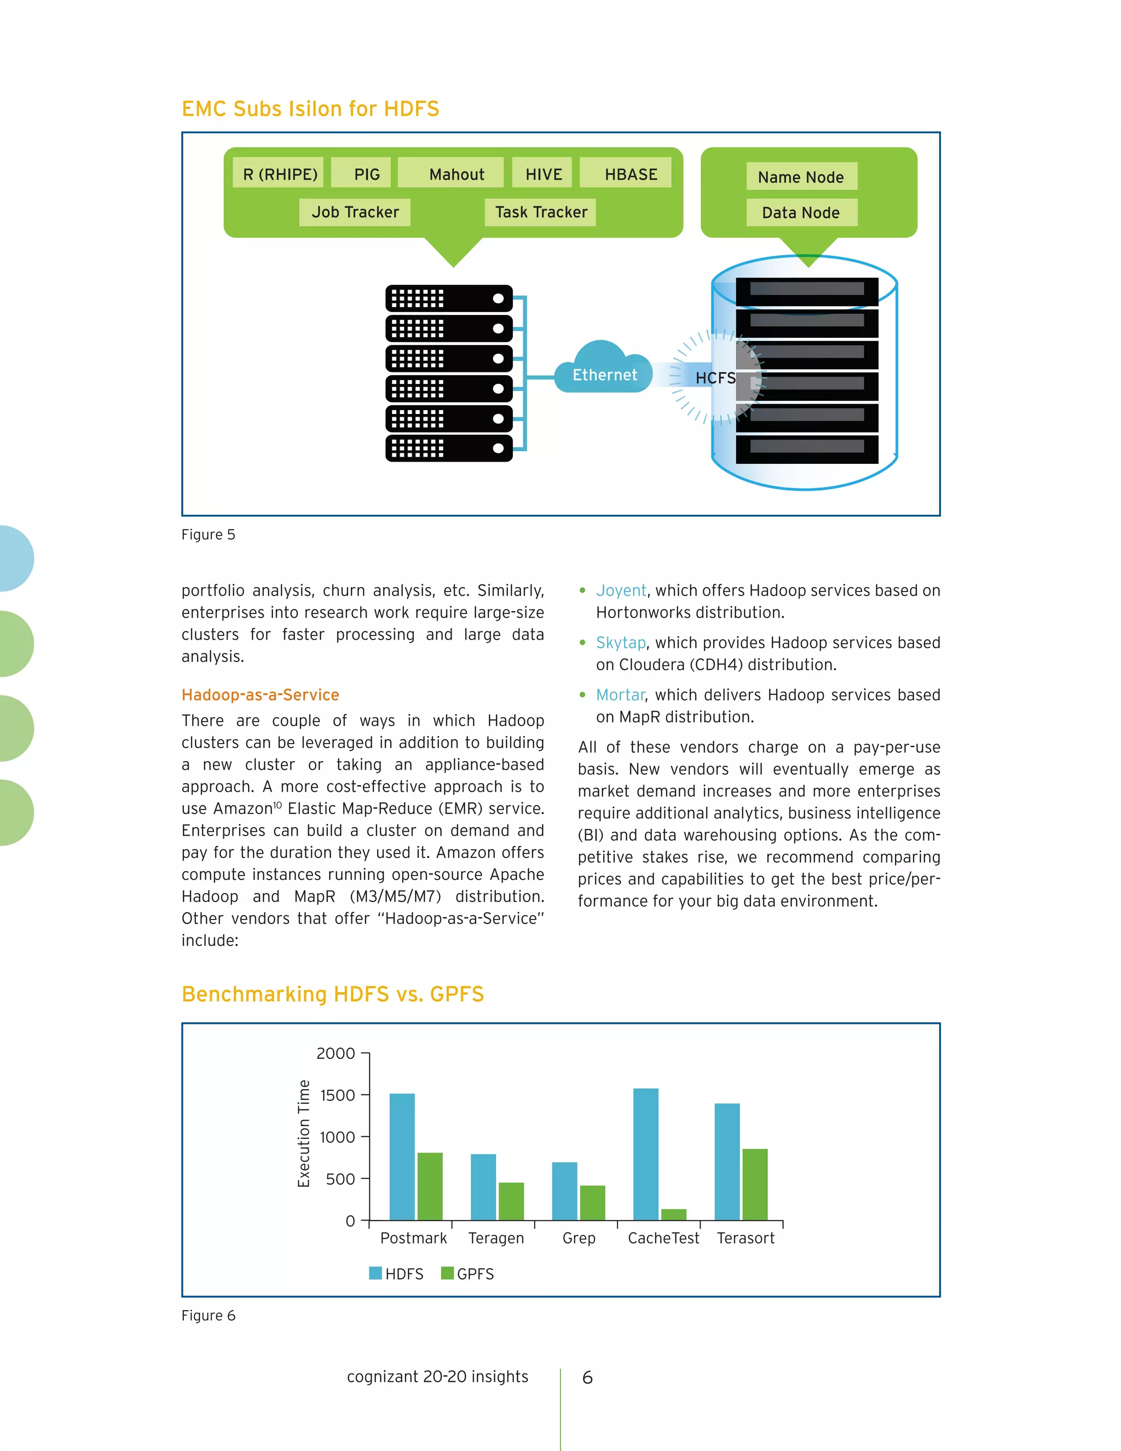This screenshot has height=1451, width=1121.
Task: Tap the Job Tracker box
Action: [355, 212]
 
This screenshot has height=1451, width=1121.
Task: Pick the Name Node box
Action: [801, 177]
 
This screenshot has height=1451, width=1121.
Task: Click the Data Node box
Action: [801, 212]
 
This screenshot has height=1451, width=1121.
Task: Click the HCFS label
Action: [715, 378]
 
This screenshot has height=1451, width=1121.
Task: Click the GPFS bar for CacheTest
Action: [673, 1214]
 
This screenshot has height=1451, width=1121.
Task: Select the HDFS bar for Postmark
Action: [402, 1156]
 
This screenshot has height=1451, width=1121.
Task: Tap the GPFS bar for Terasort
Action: [754, 1184]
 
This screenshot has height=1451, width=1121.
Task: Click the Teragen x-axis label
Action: [496, 1238]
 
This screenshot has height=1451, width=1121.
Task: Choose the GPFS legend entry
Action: [467, 1274]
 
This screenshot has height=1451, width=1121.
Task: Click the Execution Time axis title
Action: [303, 1133]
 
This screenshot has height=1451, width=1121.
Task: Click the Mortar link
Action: [620, 695]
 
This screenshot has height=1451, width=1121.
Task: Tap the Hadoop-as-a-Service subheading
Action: [261, 695]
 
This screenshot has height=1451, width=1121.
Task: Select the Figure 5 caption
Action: [209, 535]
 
